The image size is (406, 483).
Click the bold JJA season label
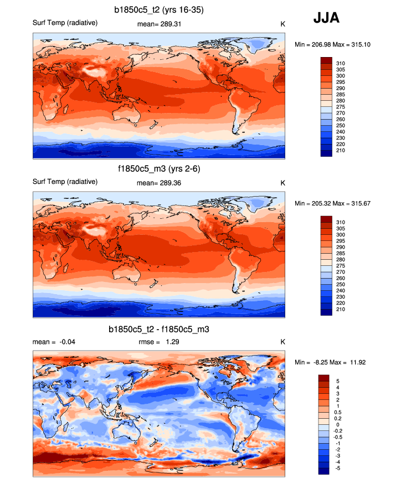[x=326, y=18]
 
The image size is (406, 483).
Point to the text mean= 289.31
[x=159, y=24]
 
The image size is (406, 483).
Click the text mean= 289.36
[x=159, y=182]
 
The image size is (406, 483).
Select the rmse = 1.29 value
[x=158, y=342]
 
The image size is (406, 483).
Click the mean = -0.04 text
[x=54, y=342]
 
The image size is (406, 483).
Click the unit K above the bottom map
[x=282, y=342]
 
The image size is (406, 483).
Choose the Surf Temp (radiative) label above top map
[x=65, y=23]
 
